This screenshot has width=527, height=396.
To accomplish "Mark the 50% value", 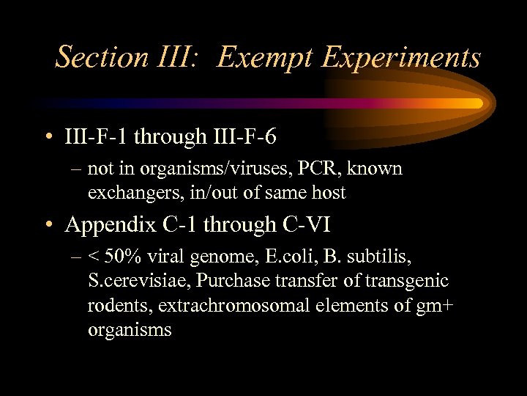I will [121, 257].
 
